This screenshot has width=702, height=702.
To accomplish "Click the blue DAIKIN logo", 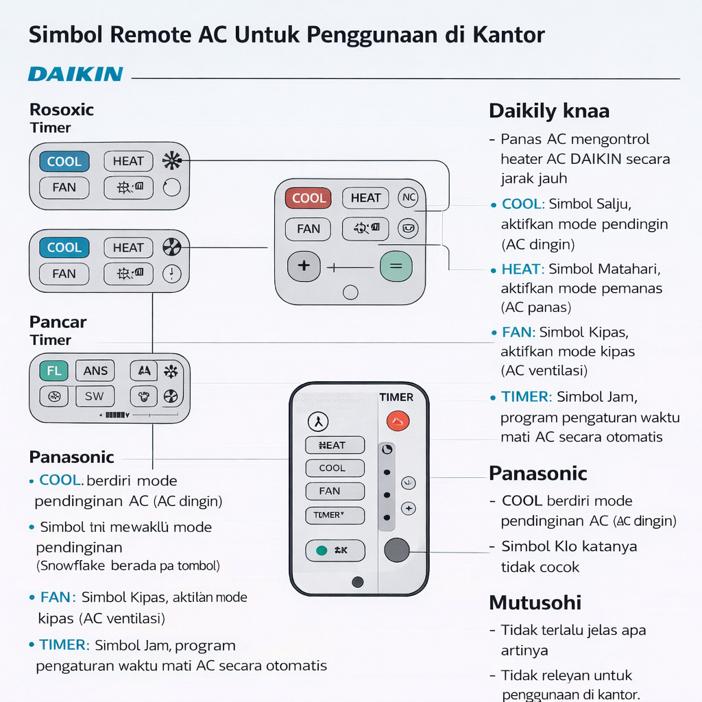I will [x=75, y=74].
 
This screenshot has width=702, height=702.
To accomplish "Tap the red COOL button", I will [x=308, y=198].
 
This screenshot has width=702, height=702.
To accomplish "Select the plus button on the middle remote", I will [x=304, y=265].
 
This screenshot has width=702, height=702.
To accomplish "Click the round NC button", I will [x=408, y=198].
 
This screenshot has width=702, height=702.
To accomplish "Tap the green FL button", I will [x=53, y=371].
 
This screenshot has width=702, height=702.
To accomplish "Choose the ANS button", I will [x=95, y=371].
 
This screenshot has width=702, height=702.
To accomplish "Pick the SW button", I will [x=95, y=396].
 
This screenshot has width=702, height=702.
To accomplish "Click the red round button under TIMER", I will [x=398, y=420].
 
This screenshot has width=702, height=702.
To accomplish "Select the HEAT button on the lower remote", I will [x=335, y=445].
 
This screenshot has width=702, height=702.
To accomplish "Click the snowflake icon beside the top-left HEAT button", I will [x=171, y=161].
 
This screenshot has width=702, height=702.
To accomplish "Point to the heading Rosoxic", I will [x=62, y=110].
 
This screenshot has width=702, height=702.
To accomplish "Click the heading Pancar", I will [x=58, y=322].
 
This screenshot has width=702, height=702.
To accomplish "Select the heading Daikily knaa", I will [x=548, y=111].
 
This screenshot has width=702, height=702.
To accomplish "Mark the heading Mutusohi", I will [x=535, y=603].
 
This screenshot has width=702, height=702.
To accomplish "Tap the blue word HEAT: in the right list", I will [x=523, y=269].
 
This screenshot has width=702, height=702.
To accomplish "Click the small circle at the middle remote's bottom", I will [x=350, y=293].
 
